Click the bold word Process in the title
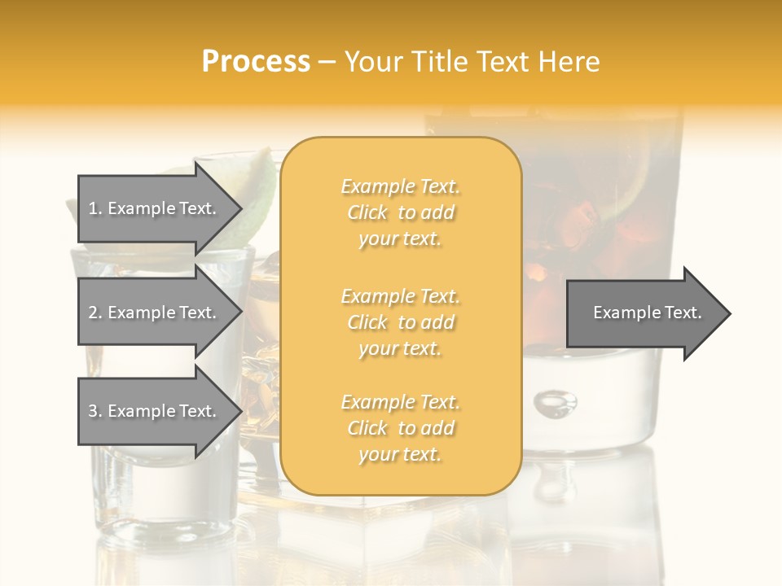coord(256,62)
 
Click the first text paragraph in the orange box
coord(400,212)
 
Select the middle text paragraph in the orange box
coord(400,322)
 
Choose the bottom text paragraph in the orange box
coord(400,428)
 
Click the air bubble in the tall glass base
coord(556,401)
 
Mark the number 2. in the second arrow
coord(95,313)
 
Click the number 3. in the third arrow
coord(95,411)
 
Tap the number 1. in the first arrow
coord(95,208)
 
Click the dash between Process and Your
coord(327,63)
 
